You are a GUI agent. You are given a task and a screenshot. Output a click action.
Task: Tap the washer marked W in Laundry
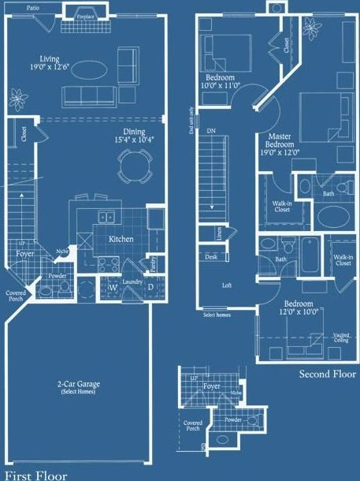113,287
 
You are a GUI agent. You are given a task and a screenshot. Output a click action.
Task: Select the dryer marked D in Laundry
151,287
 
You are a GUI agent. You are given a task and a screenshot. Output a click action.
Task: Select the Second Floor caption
328,374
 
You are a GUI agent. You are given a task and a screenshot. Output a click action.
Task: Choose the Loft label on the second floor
227,285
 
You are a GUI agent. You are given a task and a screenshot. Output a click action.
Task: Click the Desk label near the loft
211,257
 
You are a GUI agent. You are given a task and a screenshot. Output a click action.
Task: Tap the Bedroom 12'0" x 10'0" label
299,308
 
